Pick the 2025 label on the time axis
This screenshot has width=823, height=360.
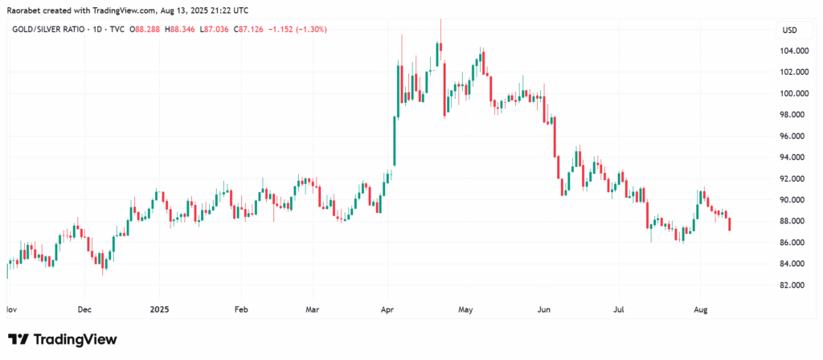click(x=158, y=308)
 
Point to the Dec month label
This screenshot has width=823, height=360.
click(x=84, y=308)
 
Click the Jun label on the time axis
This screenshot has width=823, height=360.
click(x=544, y=308)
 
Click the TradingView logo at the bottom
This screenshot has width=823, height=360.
click(x=63, y=339)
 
